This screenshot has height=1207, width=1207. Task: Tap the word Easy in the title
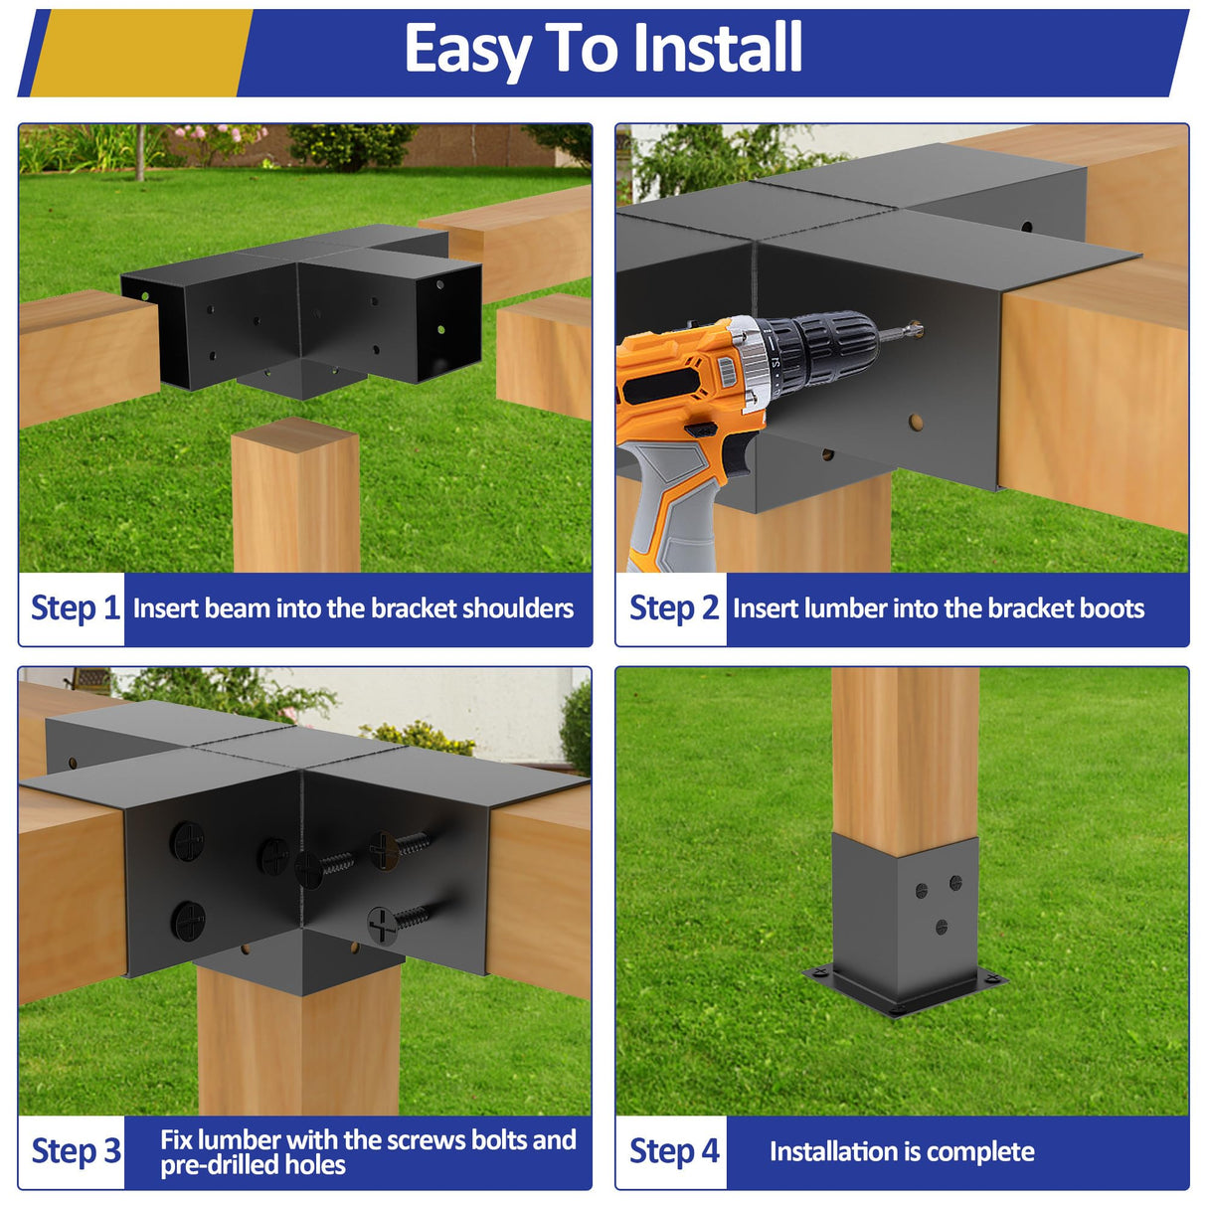coord(467,50)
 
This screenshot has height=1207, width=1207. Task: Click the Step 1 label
coord(75,607)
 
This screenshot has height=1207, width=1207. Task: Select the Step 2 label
coord(673,607)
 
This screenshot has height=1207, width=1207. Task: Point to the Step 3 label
coord(75,1151)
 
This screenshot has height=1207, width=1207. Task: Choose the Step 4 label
coord(673,1151)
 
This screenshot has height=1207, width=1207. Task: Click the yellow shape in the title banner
coord(139,52)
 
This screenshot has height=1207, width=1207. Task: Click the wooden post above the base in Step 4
coord(904,756)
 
